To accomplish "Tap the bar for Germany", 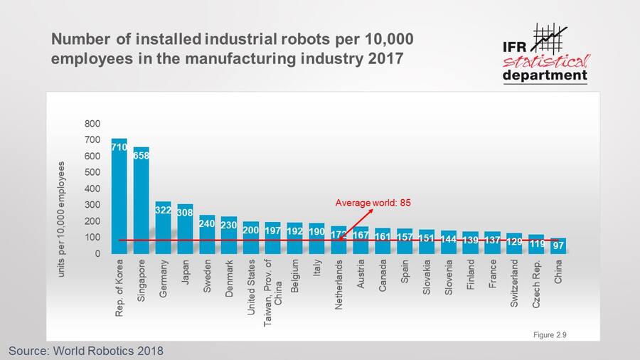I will [x=164, y=228].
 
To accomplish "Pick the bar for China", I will [x=558, y=245].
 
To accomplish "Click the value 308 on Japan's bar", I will [x=185, y=211].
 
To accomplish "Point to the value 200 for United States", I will [x=251, y=230].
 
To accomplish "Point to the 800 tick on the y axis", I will [x=92, y=124].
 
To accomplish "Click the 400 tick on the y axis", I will [x=92, y=189].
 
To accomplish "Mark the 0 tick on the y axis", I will [x=97, y=253].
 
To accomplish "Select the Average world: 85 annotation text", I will [x=373, y=203].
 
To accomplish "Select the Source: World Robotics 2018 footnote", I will [x=85, y=351].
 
